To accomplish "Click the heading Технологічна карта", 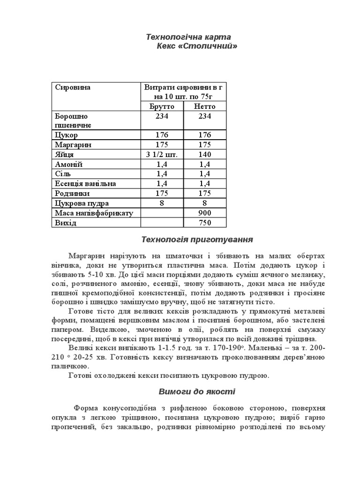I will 182,37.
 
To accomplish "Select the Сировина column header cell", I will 73,87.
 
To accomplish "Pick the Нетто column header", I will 205,106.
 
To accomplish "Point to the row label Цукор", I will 66,135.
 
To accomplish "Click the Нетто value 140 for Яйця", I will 205,154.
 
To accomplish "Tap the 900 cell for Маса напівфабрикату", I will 205,213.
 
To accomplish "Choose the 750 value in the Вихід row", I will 205,223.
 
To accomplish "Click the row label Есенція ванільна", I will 85,183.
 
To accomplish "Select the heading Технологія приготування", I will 197,240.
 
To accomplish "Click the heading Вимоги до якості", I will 197,391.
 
